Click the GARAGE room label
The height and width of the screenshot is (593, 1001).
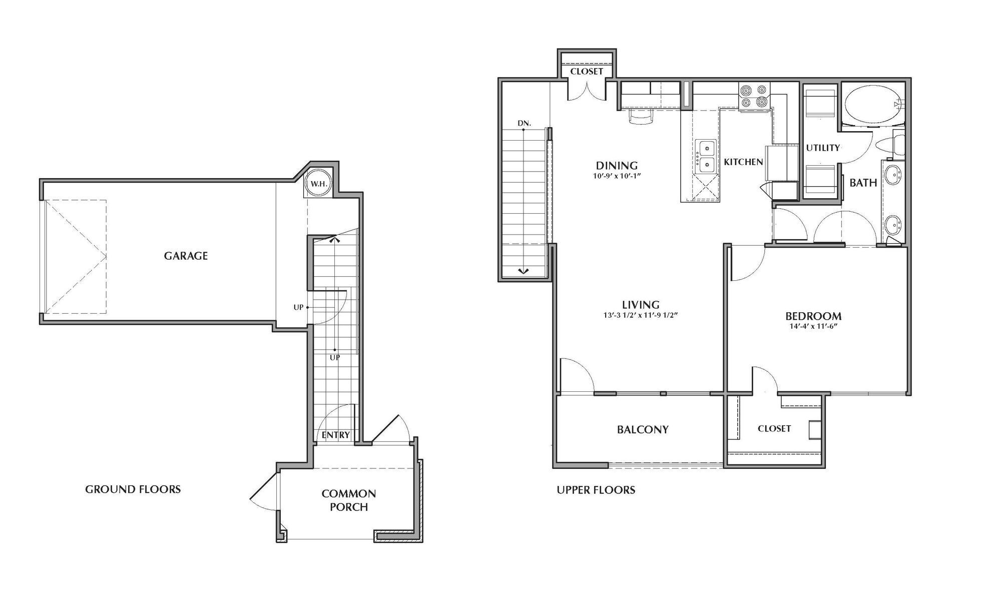coord(186,256)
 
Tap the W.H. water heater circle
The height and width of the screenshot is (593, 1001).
coord(318,184)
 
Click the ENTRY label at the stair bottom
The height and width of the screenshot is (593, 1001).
coord(335,435)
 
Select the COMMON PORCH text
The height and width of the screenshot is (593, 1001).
coord(349,500)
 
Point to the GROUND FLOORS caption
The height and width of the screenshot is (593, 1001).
coord(133,489)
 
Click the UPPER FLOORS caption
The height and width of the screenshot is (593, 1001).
coord(596,490)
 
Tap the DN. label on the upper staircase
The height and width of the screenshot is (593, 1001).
coord(524,123)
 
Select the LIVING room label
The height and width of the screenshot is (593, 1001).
coord(641,304)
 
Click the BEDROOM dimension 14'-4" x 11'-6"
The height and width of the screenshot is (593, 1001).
coord(813,326)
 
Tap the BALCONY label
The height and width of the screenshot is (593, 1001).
coord(642,429)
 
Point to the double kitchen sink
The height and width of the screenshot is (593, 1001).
coord(706,156)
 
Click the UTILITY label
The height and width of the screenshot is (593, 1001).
coord(822,148)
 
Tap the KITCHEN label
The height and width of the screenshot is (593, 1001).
coord(743,162)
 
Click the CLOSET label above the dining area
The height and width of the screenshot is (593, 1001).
coord(587,71)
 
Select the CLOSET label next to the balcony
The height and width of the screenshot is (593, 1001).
coord(774,428)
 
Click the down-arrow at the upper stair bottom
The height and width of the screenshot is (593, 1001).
coord(523,271)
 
